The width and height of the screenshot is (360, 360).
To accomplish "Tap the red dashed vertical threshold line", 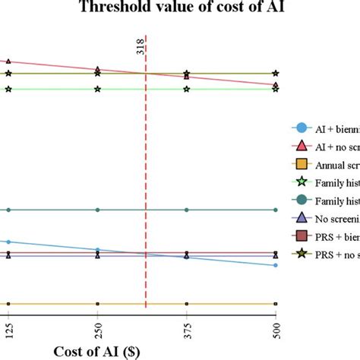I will [146, 190].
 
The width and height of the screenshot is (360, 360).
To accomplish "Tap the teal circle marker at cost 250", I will [97, 210].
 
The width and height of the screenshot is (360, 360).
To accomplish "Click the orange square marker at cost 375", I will [187, 304].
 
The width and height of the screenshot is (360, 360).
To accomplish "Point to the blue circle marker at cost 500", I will [276, 265].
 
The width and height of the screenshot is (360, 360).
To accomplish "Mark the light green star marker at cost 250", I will [97, 89].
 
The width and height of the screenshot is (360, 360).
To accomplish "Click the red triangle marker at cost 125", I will [8, 62].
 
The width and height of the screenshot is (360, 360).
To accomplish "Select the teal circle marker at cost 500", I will [276, 210].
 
